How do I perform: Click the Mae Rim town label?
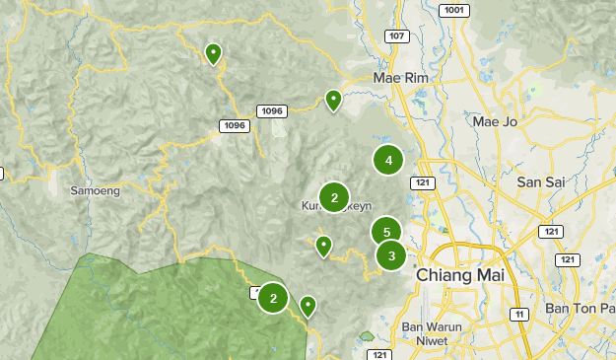click(398, 78)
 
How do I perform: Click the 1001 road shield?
click(454, 10)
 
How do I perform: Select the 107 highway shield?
click(396, 36)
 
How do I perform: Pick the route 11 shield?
click(518, 314)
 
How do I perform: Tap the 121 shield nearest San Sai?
click(551, 231)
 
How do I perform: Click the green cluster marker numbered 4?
click(388, 160)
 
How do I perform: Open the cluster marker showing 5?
click(386, 233)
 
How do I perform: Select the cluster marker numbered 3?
click(391, 256)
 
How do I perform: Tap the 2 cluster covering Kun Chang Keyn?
click(334, 198)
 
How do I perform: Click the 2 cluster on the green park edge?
click(273, 297)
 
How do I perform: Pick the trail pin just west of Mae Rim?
click(334, 100)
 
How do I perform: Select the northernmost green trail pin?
click(212, 53)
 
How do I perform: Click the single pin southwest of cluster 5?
click(323, 246)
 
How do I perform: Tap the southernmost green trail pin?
click(308, 306)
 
